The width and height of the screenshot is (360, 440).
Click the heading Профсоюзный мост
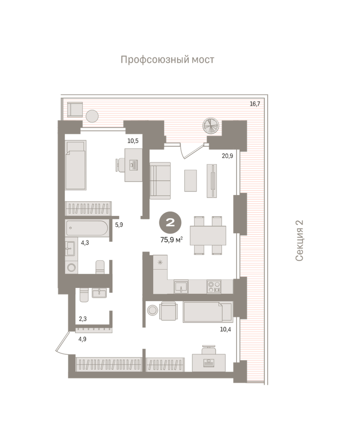point(167,60)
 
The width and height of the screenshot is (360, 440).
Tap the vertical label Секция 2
point(299,241)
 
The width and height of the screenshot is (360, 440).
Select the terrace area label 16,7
point(255,104)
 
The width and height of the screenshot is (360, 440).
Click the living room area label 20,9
point(228,156)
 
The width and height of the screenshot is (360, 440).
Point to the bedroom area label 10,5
point(133,141)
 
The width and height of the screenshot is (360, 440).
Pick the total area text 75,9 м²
point(172,240)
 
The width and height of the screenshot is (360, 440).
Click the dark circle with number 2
point(170,223)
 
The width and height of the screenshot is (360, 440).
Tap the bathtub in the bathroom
point(87,228)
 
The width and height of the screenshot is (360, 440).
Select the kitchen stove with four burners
point(214,287)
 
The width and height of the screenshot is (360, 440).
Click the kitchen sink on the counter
point(181,287)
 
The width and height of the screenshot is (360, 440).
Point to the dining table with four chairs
point(208,235)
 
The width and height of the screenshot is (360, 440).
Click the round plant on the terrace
point(211,126)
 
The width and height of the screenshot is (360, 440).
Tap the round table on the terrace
point(92,116)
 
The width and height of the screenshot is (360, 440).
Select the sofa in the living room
point(160,181)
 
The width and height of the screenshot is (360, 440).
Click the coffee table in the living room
point(190,180)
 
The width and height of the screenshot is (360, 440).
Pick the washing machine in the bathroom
point(72,267)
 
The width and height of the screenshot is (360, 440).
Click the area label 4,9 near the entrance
point(82,339)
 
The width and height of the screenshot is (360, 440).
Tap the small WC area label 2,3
point(83,319)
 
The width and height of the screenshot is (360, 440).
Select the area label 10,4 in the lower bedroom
point(226,329)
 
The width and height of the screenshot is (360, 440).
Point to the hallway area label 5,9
point(119,225)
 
